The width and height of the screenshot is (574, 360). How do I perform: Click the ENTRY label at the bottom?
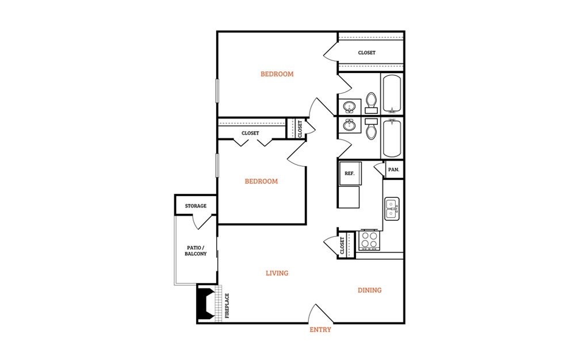tap(320, 330)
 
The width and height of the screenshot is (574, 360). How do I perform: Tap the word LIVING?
tap(277, 273)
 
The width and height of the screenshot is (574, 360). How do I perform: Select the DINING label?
tap(369, 290)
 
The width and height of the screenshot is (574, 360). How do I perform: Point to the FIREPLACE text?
tap(227, 306)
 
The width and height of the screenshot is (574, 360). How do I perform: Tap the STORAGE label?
tap(196, 206)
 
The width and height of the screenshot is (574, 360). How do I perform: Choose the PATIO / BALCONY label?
tap(196, 251)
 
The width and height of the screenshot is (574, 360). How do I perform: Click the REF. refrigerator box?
tap(350, 174)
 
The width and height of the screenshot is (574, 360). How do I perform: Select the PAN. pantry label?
tap(393, 170)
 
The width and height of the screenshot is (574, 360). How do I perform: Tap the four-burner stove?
tap(369, 240)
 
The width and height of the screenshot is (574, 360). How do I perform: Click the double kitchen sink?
tap(392, 209)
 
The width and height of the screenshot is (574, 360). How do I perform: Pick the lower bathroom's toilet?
tap(371, 128)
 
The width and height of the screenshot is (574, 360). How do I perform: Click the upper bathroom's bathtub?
tap(392, 94)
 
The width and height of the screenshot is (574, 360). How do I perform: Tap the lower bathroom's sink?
tap(349, 126)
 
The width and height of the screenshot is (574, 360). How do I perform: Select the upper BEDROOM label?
tap(277, 74)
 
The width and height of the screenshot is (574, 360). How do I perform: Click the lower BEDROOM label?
tap(261, 182)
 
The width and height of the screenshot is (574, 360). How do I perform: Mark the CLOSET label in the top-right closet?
tap(367, 53)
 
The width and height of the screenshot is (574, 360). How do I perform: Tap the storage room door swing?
tap(201, 222)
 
